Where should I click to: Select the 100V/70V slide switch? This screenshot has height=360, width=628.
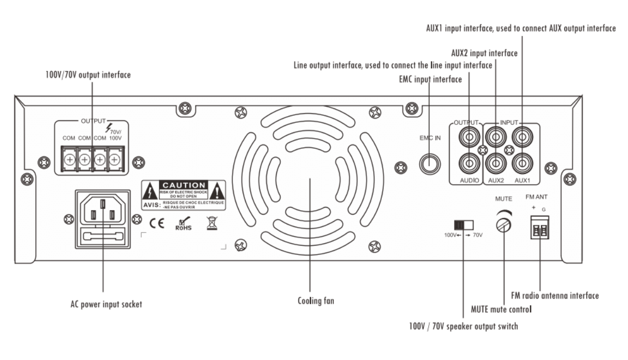pos(464,225)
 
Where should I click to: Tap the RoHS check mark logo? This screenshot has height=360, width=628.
pos(184,224)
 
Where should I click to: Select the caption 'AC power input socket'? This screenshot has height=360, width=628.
pos(106,304)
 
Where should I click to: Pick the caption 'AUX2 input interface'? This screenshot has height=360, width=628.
pos(484,53)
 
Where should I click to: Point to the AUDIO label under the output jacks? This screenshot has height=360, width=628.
pos(468,181)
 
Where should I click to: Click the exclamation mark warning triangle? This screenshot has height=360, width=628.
pos(217,191)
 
